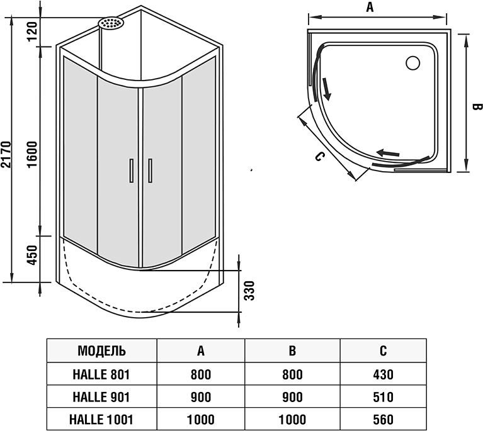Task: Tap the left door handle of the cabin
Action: [x=131, y=170]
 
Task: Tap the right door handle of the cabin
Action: [x=150, y=170]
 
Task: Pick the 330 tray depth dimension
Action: [x=249, y=291]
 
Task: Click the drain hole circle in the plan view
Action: [x=413, y=63]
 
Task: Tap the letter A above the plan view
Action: [x=370, y=8]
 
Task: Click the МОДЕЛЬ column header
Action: [x=101, y=350]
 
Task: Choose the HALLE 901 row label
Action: [x=101, y=397]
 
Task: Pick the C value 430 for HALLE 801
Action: [x=383, y=374]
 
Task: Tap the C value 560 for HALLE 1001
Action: [x=383, y=419]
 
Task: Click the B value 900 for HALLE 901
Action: [x=292, y=397]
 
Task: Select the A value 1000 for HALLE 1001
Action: [x=200, y=419]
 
